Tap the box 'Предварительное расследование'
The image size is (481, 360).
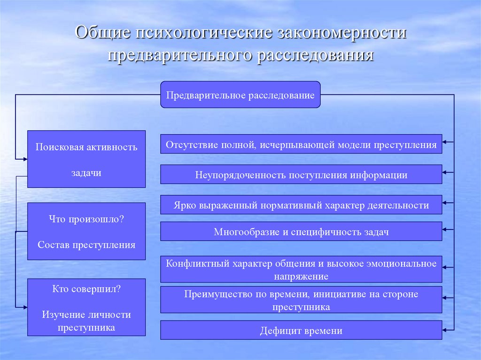point(240,95)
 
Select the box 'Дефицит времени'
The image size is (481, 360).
point(301,330)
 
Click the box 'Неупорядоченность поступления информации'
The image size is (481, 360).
point(301,175)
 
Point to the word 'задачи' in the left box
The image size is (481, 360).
point(86,172)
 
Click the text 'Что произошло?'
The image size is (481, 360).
point(86,219)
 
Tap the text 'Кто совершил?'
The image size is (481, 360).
point(86,289)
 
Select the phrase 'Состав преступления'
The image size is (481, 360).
point(86,245)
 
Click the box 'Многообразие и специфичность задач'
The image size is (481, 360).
point(301,231)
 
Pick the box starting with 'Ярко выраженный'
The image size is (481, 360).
point(301,205)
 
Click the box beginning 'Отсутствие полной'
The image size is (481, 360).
point(301,145)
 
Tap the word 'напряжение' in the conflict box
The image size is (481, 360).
point(301,276)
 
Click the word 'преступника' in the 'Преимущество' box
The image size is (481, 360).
point(301,307)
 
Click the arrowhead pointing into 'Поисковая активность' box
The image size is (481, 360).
point(24,159)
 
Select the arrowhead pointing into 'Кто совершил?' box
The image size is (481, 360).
point(24,307)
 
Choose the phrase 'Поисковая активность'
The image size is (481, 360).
point(86,147)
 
